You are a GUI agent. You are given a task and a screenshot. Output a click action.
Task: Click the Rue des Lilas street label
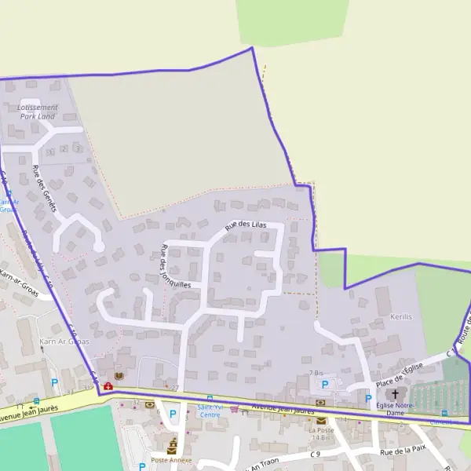coord(245,225)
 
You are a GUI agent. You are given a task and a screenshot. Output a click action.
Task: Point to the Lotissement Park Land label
coord(37,111)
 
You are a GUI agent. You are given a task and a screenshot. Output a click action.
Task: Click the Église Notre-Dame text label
coord(395,408)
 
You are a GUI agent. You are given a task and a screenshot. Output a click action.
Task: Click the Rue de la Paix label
coord(402,451)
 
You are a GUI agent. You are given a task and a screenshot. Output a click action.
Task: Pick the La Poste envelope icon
coord(321,420)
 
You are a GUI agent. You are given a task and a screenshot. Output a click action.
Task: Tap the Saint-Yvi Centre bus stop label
coord(209,411)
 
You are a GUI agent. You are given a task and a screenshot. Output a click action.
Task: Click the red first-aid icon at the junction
coord(108,385)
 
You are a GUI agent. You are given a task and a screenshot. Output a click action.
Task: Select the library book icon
coord(119,376)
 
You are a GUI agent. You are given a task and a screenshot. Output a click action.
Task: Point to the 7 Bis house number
coord(316,373)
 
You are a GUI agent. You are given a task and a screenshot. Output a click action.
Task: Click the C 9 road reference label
coord(315,454)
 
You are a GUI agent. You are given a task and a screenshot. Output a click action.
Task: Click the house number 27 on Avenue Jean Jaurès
coord(174,389)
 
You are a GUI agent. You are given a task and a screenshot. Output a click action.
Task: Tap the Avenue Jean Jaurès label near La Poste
coord(283,408)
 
